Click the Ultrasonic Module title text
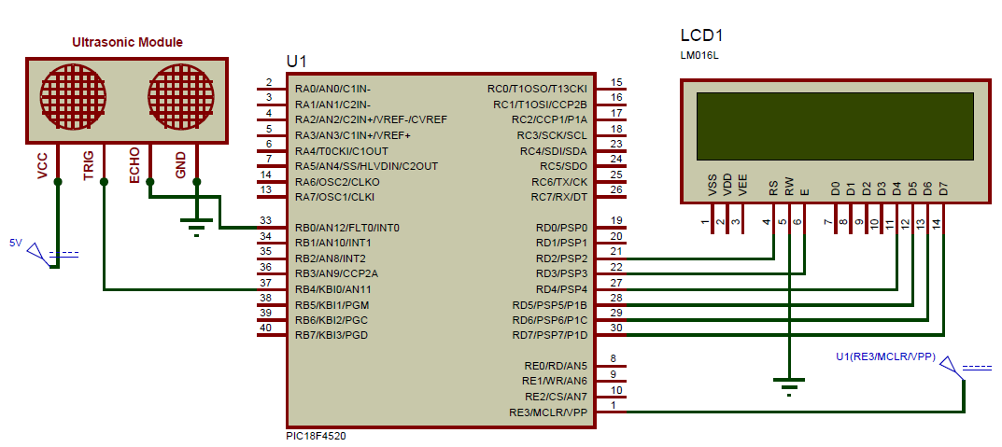click(128, 42)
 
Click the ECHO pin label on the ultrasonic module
click(135, 164)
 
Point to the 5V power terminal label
click(15, 243)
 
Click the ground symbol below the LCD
click(790, 385)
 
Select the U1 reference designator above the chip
click(297, 61)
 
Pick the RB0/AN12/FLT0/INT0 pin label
click(346, 228)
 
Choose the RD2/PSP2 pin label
click(561, 258)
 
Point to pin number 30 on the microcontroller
click(615, 328)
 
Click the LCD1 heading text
click(701, 36)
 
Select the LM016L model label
click(700, 56)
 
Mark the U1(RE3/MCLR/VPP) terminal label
click(885, 356)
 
